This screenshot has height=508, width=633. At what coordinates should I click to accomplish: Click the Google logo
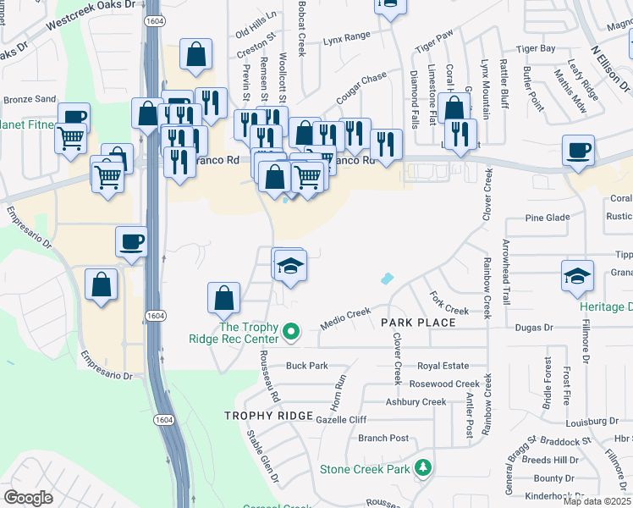[28, 498]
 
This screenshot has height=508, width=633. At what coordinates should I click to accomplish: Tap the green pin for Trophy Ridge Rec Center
[292, 330]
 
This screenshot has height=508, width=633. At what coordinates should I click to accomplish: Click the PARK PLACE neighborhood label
[418, 323]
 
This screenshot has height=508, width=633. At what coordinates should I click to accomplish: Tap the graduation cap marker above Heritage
[577, 276]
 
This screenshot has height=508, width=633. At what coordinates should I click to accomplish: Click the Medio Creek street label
[346, 318]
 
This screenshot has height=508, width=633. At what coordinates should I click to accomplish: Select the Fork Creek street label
[449, 304]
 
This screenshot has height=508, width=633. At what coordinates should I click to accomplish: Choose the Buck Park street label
[306, 366]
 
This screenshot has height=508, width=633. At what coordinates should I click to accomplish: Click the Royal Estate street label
[443, 366]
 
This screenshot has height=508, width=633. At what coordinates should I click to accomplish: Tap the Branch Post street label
[383, 438]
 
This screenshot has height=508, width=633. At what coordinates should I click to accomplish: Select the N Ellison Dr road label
[607, 69]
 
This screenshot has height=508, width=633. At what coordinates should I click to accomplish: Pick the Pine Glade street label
[547, 218]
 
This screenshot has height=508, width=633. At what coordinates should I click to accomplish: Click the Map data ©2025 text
[597, 501]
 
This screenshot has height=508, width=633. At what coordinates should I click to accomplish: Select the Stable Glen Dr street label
[262, 456]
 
